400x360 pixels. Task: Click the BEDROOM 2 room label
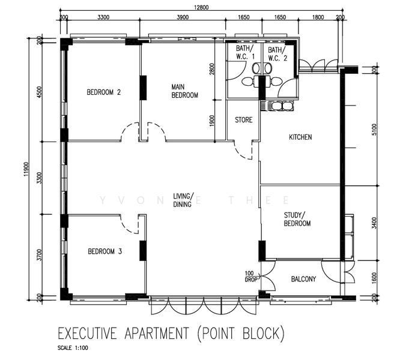104,92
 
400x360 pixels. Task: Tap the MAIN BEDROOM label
184,91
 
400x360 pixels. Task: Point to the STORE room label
243,120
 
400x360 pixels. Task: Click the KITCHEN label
300,137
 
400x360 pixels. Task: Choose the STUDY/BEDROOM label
297,219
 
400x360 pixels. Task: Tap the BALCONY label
303,279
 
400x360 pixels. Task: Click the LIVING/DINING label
182,200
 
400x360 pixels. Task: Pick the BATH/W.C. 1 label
244,53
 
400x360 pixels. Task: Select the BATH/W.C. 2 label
277,53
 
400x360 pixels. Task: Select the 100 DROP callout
251,277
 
